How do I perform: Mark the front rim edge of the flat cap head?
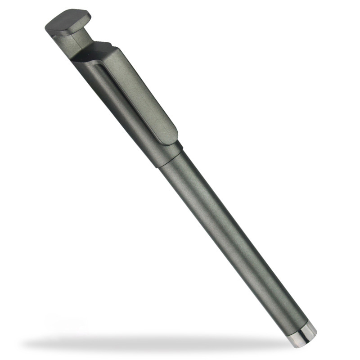63,31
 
